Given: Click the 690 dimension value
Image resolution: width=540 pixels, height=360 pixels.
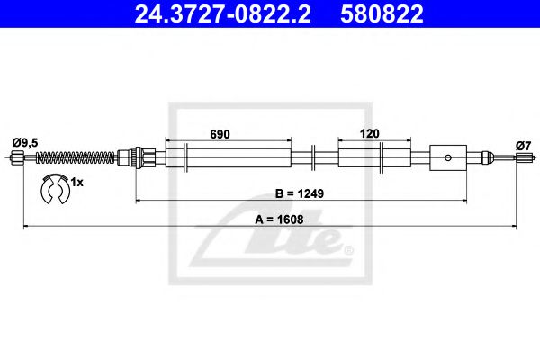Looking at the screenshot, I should tap(220, 133).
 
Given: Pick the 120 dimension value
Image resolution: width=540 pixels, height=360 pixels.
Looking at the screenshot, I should tap(369, 133).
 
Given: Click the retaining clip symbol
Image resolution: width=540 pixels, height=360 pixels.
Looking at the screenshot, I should tap(56, 188).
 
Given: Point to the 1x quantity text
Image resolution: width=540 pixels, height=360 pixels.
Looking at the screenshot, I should tap(77, 183).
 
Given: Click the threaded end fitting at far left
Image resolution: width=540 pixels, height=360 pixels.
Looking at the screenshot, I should tap(18, 158).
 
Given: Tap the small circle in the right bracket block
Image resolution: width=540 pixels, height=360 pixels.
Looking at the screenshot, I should tap(447, 157).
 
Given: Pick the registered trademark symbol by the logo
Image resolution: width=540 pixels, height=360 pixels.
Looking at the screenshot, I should tap(348, 249).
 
